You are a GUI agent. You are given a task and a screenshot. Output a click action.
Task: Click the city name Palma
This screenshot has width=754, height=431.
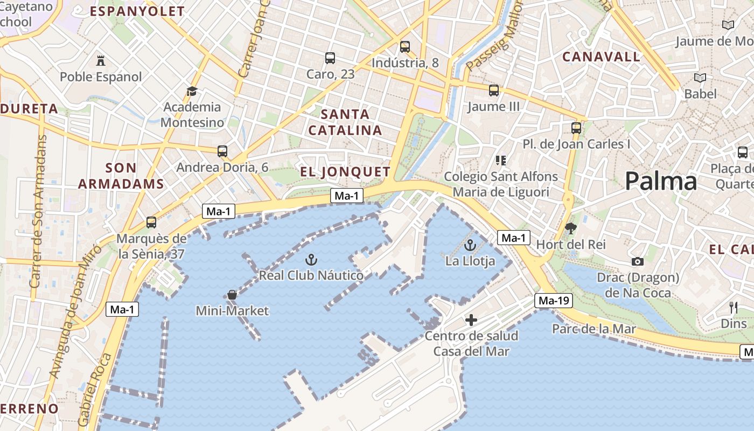click(661, 182)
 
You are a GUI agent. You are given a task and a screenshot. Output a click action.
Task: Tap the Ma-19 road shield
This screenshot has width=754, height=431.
click(554, 301)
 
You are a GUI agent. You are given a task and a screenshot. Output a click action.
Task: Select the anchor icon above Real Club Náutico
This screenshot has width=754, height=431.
click(311, 260)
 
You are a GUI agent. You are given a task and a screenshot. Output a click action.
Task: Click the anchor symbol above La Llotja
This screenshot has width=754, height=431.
click(470, 245)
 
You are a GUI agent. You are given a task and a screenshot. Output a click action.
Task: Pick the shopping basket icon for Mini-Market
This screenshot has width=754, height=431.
click(232, 295)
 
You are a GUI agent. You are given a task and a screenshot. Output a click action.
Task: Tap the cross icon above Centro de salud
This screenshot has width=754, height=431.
click(471, 321)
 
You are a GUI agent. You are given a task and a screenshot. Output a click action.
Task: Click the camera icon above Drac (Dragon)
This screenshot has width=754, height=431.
click(638, 262)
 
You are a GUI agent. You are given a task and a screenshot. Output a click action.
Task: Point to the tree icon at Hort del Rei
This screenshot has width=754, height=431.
click(571, 228)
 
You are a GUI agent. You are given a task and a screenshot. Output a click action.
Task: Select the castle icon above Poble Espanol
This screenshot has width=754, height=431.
click(101, 60)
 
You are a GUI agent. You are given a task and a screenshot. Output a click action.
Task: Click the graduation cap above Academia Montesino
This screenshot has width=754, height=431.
click(192, 91)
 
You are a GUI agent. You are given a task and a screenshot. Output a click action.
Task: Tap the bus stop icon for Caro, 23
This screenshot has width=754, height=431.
click(330, 58)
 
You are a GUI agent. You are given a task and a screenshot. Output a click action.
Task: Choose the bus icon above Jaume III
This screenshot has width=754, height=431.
click(494, 91)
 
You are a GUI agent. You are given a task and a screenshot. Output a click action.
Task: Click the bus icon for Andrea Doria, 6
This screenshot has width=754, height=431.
click(222, 151)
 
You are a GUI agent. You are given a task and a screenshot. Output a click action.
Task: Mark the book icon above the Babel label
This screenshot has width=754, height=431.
click(700, 78)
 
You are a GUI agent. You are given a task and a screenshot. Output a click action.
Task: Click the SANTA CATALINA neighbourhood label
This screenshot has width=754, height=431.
click(345, 122)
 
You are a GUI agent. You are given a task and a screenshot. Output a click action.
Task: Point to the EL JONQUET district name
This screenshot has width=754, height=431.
click(345, 172)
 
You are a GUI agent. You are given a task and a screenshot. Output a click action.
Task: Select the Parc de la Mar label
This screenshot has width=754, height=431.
click(594, 329)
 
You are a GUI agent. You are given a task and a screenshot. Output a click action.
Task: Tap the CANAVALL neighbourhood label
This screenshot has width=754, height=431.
click(602, 57)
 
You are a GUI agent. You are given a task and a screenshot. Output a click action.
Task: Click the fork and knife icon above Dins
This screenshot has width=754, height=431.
click(734, 308)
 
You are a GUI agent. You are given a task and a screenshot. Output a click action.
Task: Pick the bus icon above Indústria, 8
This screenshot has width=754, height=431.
click(405, 47)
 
